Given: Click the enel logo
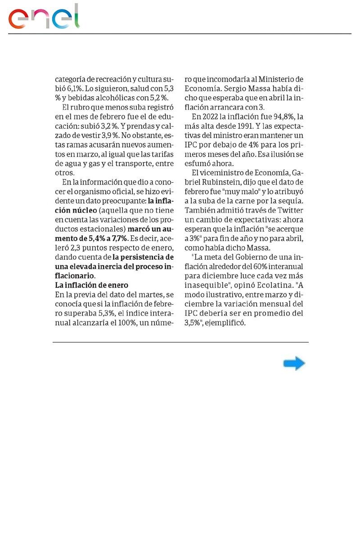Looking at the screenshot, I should coord(44,17).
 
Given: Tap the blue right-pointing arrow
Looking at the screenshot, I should coord(294,364).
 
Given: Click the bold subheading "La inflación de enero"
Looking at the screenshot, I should coord(91,285).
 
